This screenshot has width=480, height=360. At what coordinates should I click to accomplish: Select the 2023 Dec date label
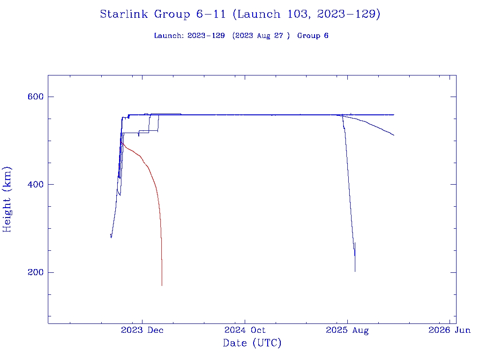[x=142, y=330]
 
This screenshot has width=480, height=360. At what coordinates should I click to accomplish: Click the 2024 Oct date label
[x=245, y=330]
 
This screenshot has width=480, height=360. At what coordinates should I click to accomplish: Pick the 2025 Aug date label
[x=347, y=330]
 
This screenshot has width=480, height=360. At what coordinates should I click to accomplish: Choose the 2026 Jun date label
[x=449, y=330]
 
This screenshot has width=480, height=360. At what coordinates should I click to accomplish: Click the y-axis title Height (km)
[x=7, y=199]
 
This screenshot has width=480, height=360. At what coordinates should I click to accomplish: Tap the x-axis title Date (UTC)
[x=252, y=343]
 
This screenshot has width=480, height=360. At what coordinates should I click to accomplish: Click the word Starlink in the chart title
[x=125, y=14]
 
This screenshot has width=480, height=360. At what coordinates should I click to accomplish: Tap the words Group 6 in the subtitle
[x=313, y=36]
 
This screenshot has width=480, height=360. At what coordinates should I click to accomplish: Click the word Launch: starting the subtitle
[x=169, y=36]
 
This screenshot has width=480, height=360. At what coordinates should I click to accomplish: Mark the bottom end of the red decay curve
[x=162, y=285]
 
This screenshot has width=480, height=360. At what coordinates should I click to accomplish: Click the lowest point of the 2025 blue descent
[x=355, y=271]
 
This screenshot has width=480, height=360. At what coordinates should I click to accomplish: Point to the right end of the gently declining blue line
[x=394, y=135]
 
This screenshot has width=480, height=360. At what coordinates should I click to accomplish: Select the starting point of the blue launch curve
[x=111, y=234]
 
